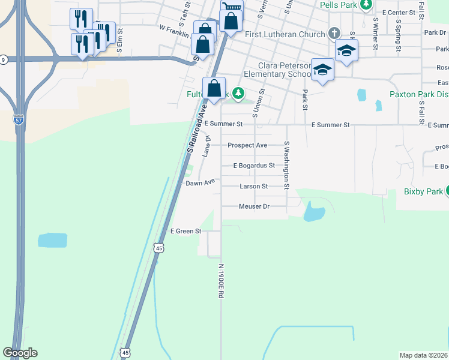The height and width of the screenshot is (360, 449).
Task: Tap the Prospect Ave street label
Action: coord(247,145)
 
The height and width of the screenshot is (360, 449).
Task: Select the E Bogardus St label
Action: coord(254,166)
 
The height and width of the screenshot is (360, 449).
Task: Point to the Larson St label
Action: coord(253,187)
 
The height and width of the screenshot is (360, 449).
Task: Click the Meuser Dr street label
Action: coord(255,206)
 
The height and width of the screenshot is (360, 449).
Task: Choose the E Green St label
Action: coord(185,231)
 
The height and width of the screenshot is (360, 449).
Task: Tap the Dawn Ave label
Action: coord(200,182)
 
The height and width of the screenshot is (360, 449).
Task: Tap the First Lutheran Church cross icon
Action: coord(335,34)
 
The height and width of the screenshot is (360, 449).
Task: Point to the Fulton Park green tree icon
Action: coord(239,93)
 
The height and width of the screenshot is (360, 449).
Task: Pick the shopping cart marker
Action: coord(232,7)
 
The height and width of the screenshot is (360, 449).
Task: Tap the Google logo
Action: coord(20,353)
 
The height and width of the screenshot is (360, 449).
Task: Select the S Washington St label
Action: coord(287,165)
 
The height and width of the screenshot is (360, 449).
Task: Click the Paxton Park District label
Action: coord(419,94)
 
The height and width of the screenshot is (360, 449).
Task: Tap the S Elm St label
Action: coord(120,41)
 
